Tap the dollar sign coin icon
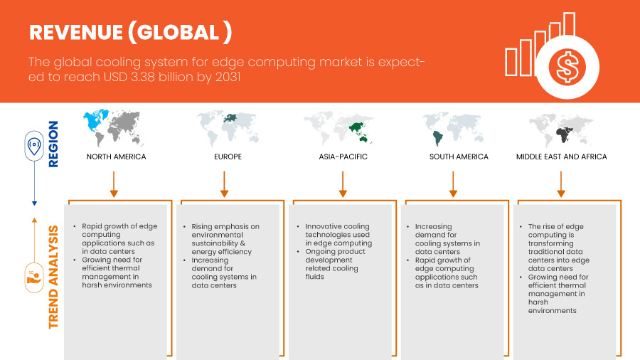[x=567, y=68]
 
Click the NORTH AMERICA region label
[x=116, y=157]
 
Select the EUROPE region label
[x=228, y=157]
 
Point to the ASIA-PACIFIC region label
[x=343, y=157]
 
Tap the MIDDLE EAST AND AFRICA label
[x=561, y=157]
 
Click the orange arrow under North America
[x=113, y=184]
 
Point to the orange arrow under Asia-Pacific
[x=343, y=184]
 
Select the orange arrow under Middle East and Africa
[x=561, y=184]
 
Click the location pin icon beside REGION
[x=33, y=145]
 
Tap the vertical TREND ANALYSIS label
[x=54, y=277]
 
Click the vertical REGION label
[x=54, y=144]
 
